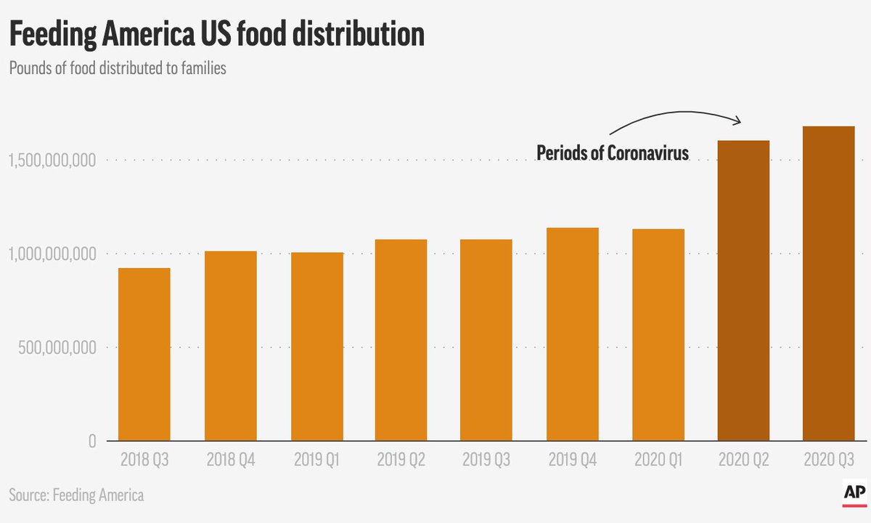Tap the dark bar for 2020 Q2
click(743, 291)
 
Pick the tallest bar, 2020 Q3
click(828, 283)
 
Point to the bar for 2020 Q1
click(658, 335)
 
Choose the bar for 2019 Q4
click(572, 334)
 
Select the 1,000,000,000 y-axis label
click(52, 254)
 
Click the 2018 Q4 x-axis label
click(230, 460)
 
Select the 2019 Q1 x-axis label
click(316, 460)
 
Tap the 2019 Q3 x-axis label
click(486, 460)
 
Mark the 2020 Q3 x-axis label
click(828, 460)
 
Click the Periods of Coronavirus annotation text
click(612, 153)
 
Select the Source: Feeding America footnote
click(76, 495)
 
